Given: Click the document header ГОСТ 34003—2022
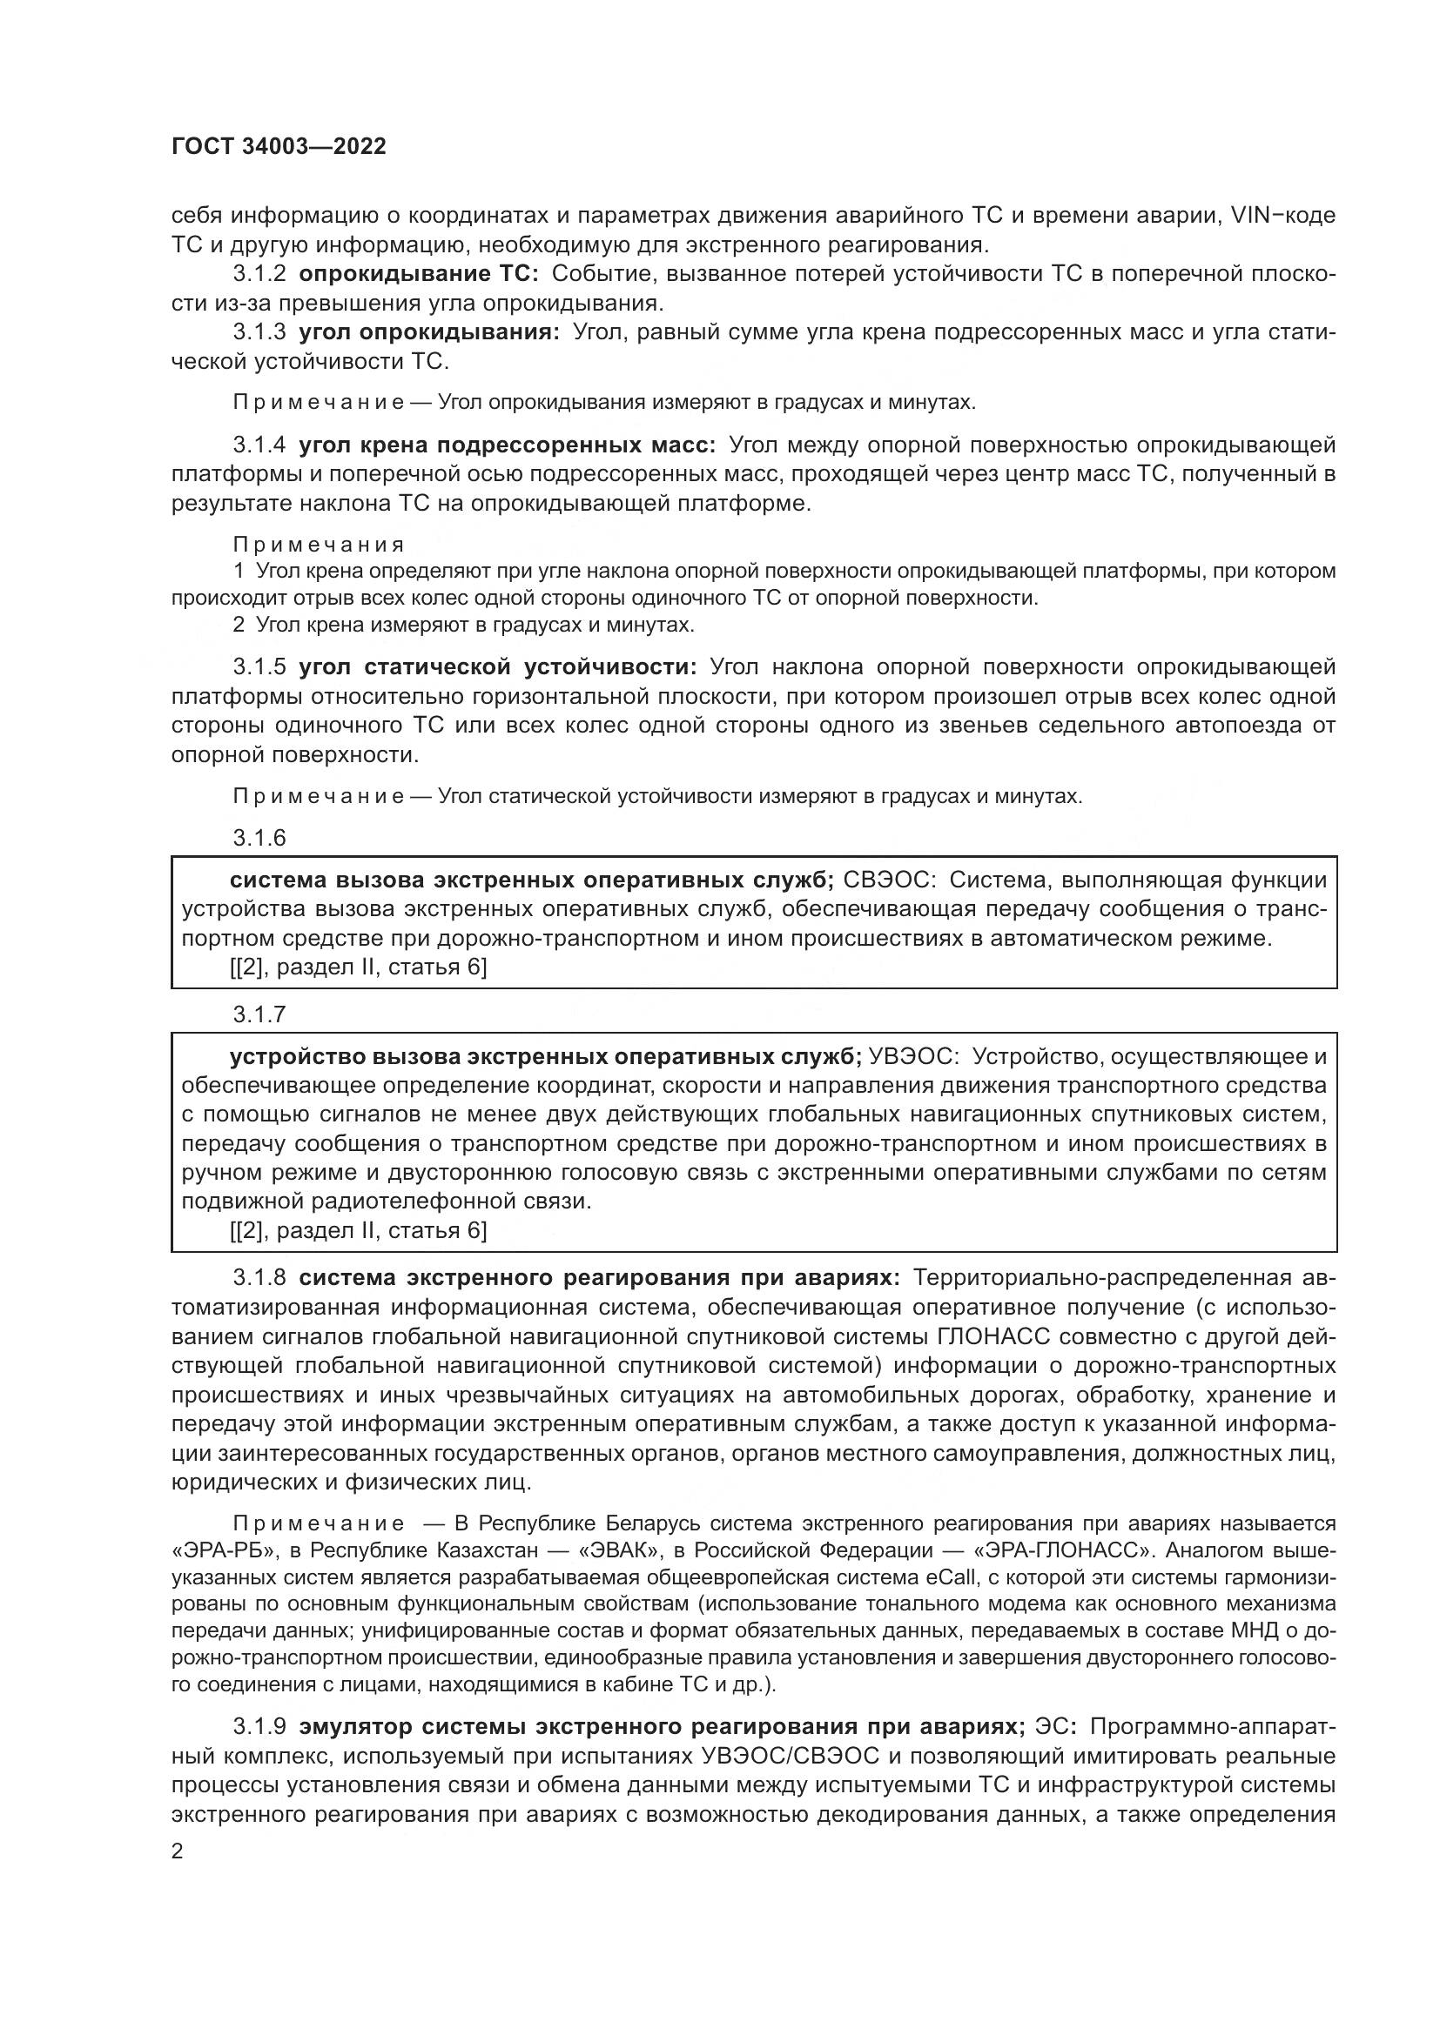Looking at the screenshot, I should point(279,147).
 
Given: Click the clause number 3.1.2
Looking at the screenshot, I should point(259,275).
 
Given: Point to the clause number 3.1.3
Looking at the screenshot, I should point(259,333).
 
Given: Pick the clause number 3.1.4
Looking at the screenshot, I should point(259,445).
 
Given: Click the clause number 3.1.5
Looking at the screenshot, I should point(259,666).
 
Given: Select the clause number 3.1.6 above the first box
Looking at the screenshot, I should point(259,837).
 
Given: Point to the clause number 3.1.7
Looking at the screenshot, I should point(259,1014).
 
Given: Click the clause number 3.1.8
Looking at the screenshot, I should point(259,1278).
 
